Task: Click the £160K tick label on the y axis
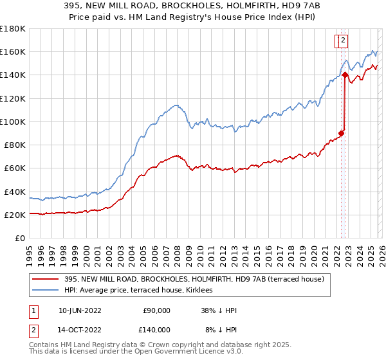tap(13, 51)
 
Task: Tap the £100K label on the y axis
tap(13, 122)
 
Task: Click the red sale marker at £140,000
tap(345, 75)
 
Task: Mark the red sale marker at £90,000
tap(341, 133)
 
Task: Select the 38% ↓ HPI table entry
tap(219, 310)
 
